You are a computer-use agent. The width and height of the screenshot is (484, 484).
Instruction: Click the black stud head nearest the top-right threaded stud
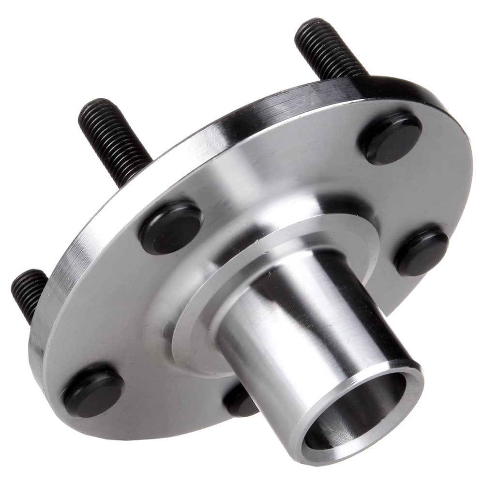pyautogui.click(x=390, y=138)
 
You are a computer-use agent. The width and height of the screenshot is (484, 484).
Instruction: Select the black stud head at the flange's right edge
pyautogui.click(x=422, y=251)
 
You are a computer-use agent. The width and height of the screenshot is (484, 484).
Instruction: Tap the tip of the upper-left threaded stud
pyautogui.click(x=92, y=106)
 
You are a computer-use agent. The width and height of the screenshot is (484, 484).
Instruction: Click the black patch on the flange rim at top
pyautogui.click(x=387, y=87)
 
